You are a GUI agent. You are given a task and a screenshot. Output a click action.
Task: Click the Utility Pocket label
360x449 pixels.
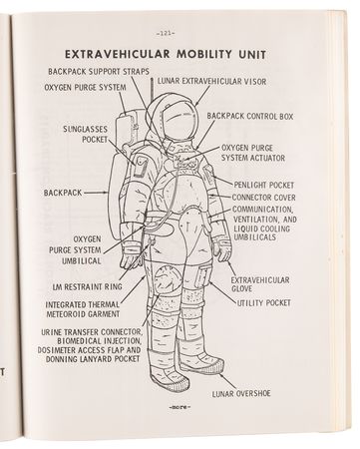[x=262, y=300]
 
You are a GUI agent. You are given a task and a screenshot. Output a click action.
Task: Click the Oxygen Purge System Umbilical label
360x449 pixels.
[x=73, y=250]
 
